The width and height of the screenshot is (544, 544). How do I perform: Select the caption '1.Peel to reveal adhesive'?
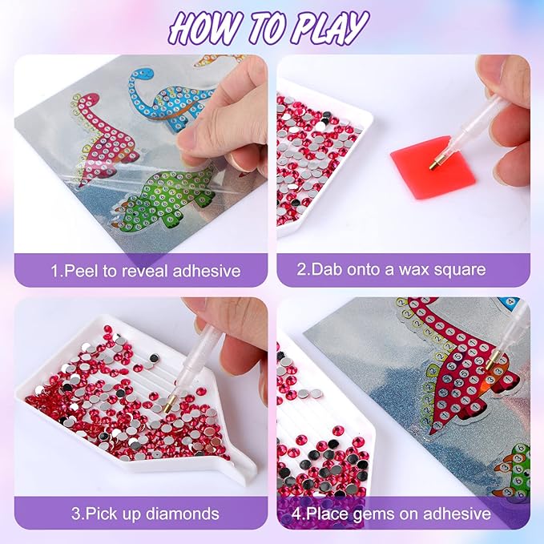click(x=145, y=271)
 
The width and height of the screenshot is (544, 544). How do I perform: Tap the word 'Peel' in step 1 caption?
click(x=79, y=271)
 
